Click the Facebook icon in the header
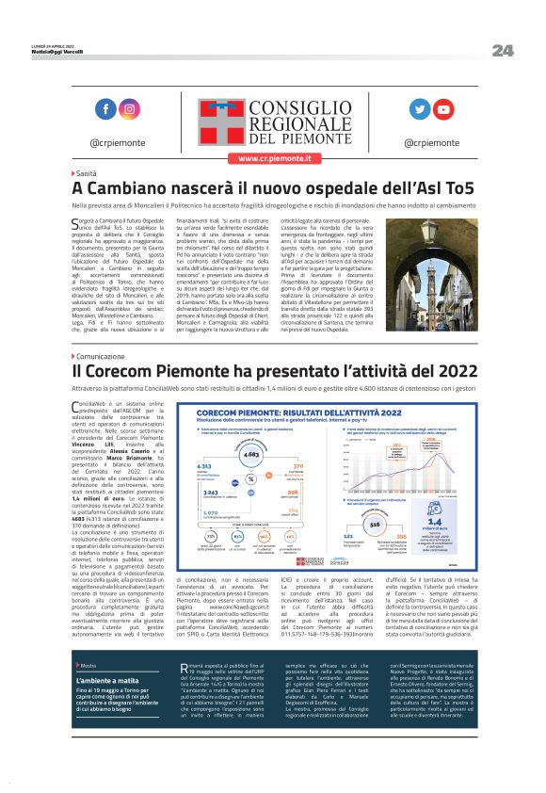tap(104, 109)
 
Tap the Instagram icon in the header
tap(129, 109)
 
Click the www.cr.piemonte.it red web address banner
tap(273, 158)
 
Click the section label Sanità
tap(87, 175)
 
